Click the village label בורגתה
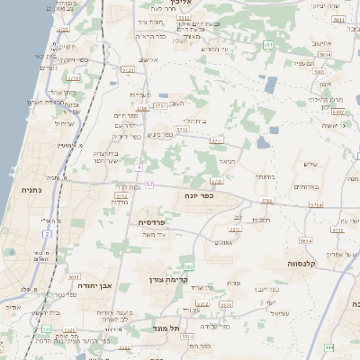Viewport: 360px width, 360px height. pos(264,177)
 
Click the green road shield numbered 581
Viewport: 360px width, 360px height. pos(268,44)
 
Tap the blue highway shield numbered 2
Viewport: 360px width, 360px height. pos(47,234)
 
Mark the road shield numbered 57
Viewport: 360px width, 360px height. pos(149,184)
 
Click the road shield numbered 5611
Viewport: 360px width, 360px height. pos(74,277)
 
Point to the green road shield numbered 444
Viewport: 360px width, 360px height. pos(329,346)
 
